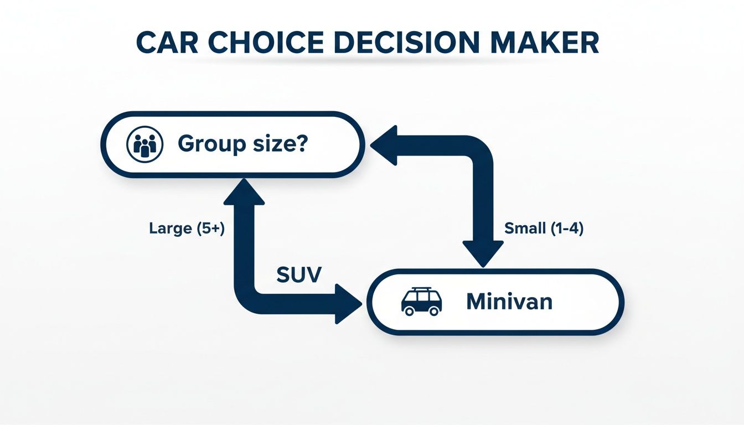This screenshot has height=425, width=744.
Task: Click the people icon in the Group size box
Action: click(x=145, y=144)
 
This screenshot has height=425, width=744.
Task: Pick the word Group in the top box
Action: click(x=211, y=144)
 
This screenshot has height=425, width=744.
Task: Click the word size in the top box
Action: click(x=275, y=144)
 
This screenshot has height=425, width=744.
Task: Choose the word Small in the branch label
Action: click(x=525, y=229)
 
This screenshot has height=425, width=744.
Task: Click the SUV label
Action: click(x=298, y=274)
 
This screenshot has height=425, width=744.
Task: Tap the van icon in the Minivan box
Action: click(x=421, y=302)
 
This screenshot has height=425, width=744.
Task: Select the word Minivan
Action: click(x=509, y=302)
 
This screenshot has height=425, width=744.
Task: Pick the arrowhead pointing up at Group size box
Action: click(x=244, y=190)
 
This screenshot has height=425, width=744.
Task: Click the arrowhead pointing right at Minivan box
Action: click(x=348, y=303)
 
